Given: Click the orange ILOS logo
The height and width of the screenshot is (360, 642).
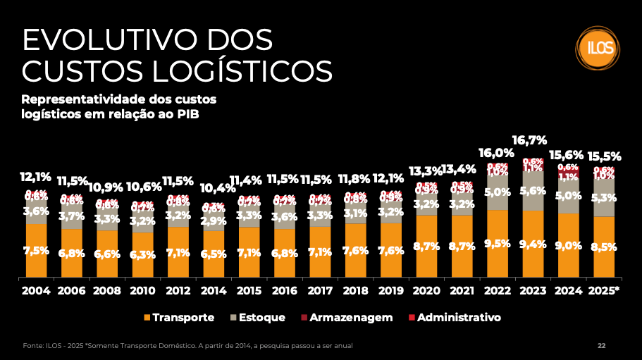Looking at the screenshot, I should coord(595,48).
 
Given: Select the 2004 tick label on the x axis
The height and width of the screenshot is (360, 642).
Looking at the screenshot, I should coord(37,290).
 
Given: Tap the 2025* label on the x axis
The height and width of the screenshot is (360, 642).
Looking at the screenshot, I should coord(604,290).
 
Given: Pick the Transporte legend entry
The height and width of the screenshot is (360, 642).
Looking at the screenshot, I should coord(179,318).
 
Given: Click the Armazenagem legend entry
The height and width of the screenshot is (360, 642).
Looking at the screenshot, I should coord(345,318).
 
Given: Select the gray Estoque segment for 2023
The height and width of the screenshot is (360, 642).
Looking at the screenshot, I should coord(533,191).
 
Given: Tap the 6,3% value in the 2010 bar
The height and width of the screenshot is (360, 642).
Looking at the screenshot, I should coord(143,255).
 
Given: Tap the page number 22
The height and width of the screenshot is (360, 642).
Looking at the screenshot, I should coord(601,346).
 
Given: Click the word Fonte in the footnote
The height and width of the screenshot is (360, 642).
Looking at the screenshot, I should coord(33,346).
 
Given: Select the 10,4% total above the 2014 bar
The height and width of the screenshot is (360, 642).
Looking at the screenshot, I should coord(214,188).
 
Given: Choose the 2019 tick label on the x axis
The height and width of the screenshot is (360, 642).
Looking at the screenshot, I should coord(391,290).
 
